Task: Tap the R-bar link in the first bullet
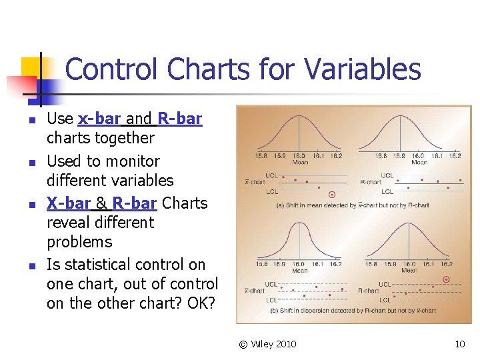point(179,119)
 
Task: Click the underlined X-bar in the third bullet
point(68,203)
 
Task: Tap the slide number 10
point(459,344)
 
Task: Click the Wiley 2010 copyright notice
point(267,344)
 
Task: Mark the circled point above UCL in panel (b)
point(446,280)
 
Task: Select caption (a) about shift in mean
point(353,205)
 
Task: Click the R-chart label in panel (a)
point(370,181)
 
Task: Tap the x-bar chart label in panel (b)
point(255,291)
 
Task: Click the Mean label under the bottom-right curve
point(409,271)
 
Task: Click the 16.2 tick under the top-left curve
point(336,156)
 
